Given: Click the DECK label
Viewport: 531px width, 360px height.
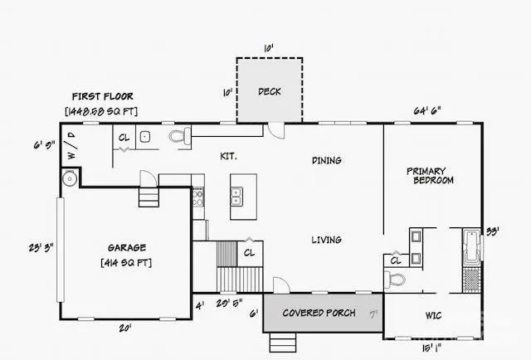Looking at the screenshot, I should (x=269, y=91).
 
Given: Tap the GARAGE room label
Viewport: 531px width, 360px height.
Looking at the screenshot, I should (x=126, y=247).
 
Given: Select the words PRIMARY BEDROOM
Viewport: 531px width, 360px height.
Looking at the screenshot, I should (x=431, y=176).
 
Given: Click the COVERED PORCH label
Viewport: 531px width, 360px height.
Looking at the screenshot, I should (x=319, y=313).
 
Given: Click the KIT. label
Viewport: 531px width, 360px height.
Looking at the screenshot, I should (x=228, y=155).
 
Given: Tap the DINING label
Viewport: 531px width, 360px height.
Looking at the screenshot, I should (x=327, y=160).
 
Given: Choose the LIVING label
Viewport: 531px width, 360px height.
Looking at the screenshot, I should (x=326, y=240).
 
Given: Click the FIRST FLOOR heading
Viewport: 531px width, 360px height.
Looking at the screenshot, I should (x=103, y=96).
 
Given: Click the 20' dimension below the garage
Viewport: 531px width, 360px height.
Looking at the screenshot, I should (x=126, y=328).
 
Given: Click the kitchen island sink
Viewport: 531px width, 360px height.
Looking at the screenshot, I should (x=236, y=196).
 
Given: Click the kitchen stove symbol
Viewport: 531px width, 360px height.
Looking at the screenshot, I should (x=197, y=197).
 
